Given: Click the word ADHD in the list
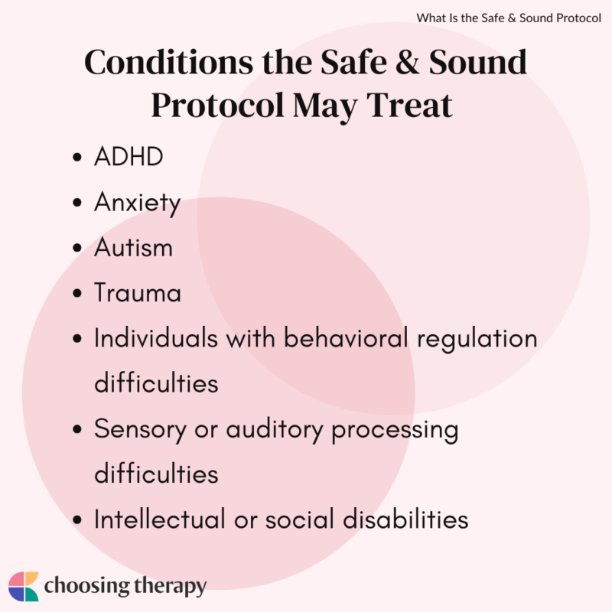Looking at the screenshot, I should pos(129,158).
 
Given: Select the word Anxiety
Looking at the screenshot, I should pos(137,203).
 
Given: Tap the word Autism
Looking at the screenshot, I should pos(133,248).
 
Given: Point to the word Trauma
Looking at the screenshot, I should pos(138,293).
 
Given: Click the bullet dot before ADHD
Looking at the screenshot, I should pos(76,159).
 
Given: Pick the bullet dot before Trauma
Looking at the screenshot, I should pos(76,294).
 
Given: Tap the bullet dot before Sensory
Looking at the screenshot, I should pos(76,430).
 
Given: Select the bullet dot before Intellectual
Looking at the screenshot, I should pos(76,520).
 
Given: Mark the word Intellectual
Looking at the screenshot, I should pos(158,519).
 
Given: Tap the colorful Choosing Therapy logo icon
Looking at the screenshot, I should pos(23,586).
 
